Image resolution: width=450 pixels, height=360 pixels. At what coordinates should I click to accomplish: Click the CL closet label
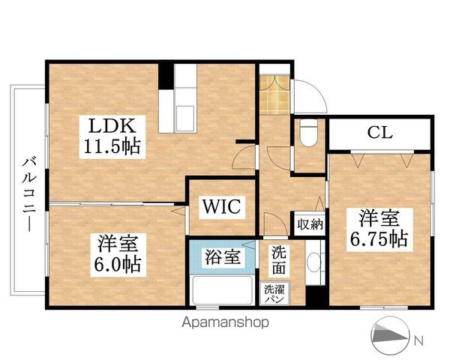pyautogui.click(x=380, y=133)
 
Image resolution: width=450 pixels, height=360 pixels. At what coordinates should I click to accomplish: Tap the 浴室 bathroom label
pyautogui.click(x=223, y=257)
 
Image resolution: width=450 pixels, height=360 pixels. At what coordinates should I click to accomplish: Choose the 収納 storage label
pyautogui.click(x=308, y=223)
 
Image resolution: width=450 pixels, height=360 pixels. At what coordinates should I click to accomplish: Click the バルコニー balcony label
pyautogui.click(x=28, y=192)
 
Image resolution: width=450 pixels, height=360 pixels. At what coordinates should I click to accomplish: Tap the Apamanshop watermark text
pyautogui.click(x=226, y=322)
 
